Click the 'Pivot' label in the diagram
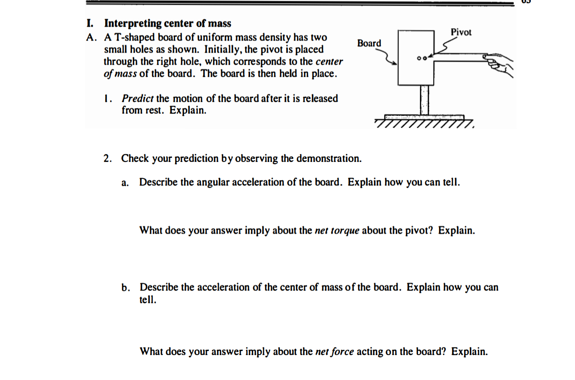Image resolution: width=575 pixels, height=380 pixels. [x=461, y=33]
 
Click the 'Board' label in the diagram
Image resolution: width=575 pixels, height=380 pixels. [x=369, y=43]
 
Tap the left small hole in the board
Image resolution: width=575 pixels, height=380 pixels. [x=419, y=58]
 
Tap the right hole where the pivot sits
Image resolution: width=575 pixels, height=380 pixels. [x=425, y=58]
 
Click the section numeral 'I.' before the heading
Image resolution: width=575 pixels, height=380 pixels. [x=90, y=23]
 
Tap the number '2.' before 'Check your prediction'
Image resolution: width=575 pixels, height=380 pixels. [x=108, y=158]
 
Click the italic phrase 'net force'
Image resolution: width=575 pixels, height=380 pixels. [x=334, y=351]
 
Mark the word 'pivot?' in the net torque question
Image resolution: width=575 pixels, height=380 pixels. [x=421, y=231]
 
